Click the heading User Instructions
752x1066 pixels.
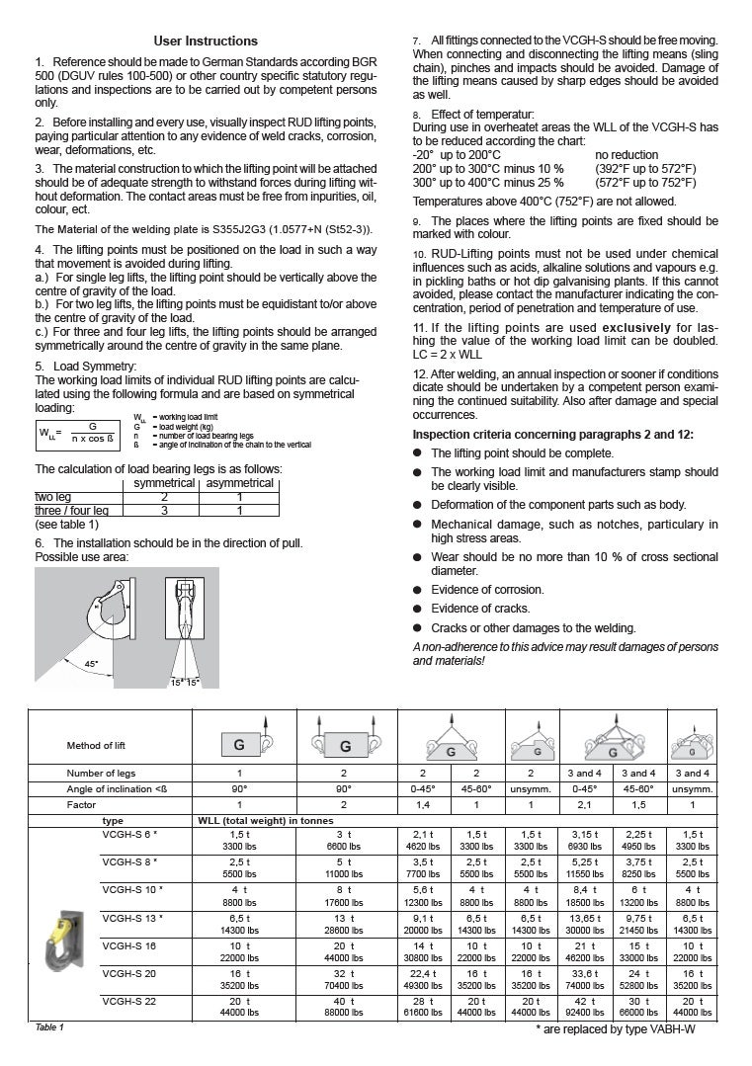[x=206, y=41]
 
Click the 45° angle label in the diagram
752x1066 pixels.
[x=91, y=663]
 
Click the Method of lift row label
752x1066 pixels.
[x=98, y=745]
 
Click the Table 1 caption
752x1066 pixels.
[x=49, y=1027]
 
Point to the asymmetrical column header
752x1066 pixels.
[x=239, y=483]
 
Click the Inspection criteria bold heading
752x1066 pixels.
[x=552, y=434]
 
